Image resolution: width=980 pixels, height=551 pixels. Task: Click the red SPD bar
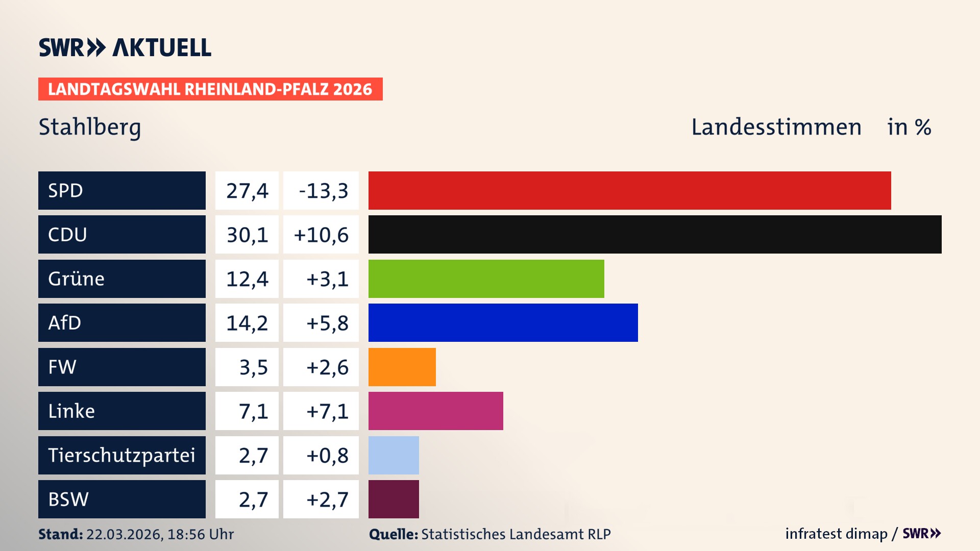click(629, 190)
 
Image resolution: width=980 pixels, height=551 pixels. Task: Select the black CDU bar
click(655, 235)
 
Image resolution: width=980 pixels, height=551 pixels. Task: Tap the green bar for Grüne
click(486, 279)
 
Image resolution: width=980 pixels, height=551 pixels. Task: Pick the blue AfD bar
click(503, 322)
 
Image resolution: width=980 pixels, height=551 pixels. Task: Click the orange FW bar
click(402, 367)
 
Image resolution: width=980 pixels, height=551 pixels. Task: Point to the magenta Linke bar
click(435, 411)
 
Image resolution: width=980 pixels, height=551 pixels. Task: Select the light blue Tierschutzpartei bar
click(394, 455)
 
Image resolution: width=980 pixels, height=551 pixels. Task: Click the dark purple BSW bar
click(394, 499)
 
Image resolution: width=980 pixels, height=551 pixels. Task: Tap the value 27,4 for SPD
click(247, 191)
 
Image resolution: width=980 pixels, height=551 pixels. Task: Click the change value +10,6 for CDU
click(321, 235)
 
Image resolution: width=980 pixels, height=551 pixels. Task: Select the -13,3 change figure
click(323, 191)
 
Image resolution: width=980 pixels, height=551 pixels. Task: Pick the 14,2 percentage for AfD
click(247, 323)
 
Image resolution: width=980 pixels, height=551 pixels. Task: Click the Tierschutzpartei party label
click(121, 455)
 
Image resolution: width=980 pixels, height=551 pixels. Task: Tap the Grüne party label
click(77, 279)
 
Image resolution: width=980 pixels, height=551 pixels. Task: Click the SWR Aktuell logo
click(125, 47)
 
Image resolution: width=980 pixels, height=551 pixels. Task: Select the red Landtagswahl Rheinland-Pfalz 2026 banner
click(210, 89)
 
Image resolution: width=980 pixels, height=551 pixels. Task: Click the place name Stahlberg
click(90, 127)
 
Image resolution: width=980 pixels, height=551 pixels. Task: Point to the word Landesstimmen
click(776, 127)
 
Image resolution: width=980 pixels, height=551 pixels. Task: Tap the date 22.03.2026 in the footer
click(124, 534)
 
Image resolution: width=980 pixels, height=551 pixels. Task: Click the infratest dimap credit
click(836, 534)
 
